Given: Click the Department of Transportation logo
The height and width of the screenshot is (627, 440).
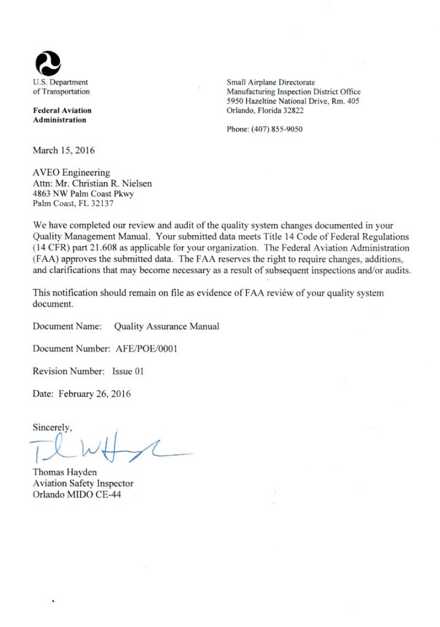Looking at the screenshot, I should pos(48,62).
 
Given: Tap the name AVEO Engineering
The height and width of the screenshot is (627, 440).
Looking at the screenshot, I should pos(71,173).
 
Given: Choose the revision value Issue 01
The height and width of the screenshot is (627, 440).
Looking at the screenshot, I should pos(127,371).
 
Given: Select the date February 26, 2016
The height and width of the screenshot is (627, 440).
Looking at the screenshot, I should pos(94,394).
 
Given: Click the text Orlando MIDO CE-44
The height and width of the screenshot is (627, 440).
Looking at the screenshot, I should pos(77,495).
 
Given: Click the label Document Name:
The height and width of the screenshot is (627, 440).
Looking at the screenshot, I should pos(67,326).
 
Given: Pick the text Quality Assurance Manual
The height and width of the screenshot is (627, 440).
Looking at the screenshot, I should pos(167,326).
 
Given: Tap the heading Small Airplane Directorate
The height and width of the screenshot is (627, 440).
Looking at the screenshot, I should pos(270,81).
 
